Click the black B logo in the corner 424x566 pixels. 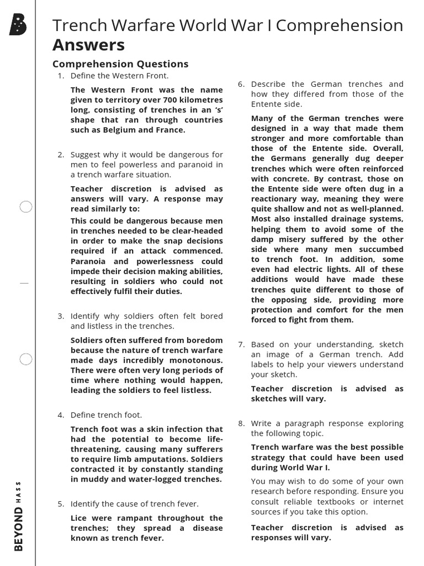coord(18,25)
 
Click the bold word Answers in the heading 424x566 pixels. coord(88,45)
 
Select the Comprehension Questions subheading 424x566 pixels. coord(120,64)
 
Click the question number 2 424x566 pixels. coord(61,154)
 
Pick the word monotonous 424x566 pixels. coord(197,360)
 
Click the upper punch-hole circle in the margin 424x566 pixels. coord(26,207)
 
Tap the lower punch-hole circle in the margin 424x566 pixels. coord(26,359)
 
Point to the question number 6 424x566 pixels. coord(241,84)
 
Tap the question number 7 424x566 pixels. coord(241,344)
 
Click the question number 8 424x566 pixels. coord(241,423)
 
